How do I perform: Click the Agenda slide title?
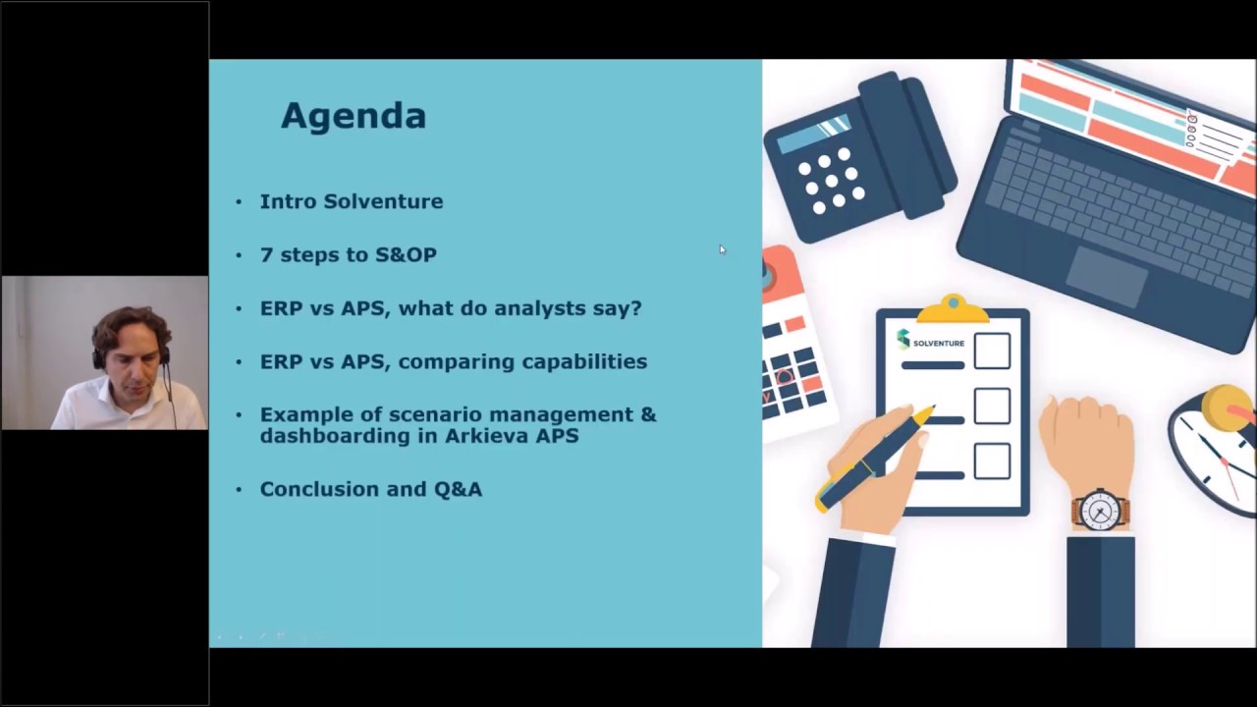coord(354,116)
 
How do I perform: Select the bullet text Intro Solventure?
coord(351,201)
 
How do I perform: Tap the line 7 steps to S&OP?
coord(348,254)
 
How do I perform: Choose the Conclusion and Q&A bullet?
coord(370,489)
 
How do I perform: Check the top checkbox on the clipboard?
coord(992,352)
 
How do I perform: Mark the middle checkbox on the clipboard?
coord(992,407)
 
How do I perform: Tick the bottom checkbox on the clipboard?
coord(992,462)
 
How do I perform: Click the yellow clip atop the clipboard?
coord(951,309)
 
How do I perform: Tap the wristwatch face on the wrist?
coord(1099,511)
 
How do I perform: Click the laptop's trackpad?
coord(1107,276)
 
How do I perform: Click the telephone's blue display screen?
coord(814,135)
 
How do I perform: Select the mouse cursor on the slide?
coord(722,249)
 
